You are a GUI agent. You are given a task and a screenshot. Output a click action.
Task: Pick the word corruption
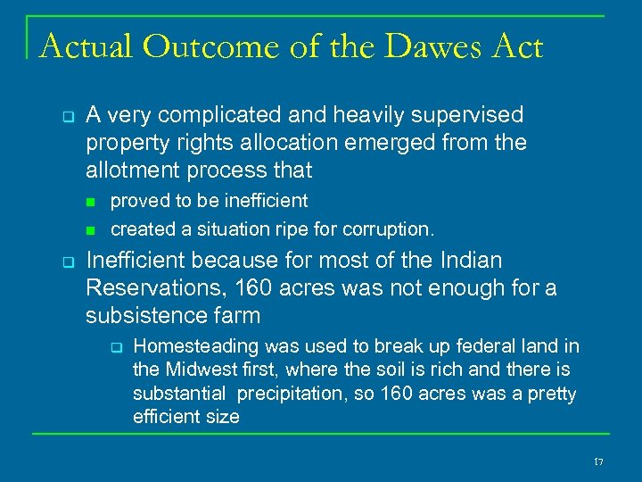pos(390,229)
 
